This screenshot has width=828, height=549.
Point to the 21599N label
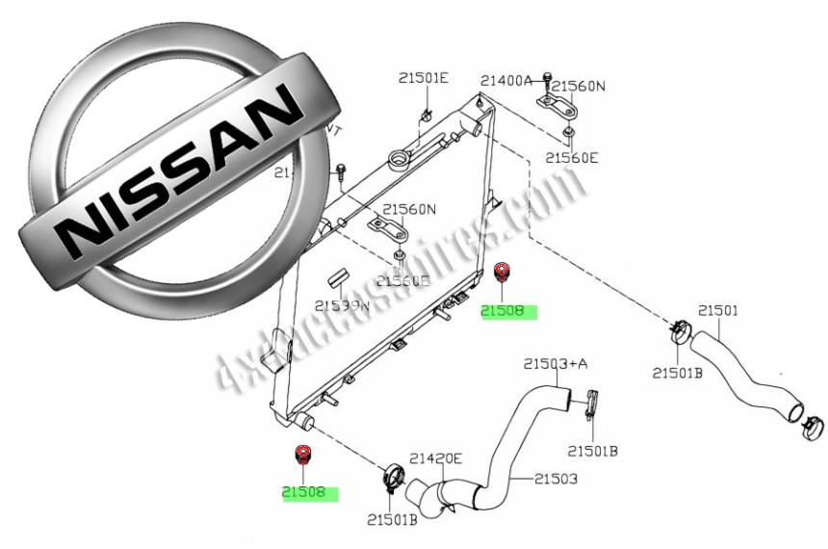(x=342, y=306)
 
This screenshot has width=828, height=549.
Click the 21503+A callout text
(x=556, y=363)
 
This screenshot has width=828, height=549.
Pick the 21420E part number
(x=436, y=459)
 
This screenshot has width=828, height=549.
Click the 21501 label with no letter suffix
(x=718, y=310)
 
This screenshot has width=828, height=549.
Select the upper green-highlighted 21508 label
(x=505, y=311)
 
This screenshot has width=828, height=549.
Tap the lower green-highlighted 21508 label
(x=308, y=493)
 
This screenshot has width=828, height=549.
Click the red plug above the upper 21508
(x=501, y=271)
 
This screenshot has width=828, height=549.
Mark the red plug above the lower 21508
(x=303, y=454)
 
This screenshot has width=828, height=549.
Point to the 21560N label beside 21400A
(x=578, y=86)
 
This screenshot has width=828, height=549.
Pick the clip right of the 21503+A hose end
(x=591, y=403)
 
